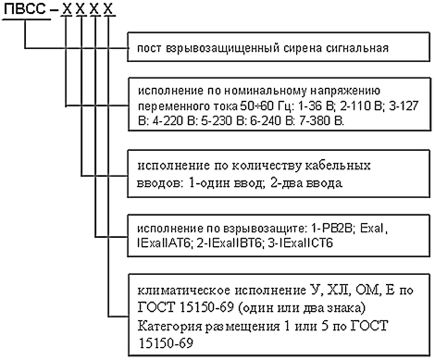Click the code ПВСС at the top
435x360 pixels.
coord(25,9)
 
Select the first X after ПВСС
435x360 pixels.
coord(67,9)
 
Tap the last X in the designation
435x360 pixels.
coord(108,9)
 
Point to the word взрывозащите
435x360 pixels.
coord(264,229)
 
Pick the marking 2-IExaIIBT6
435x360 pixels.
coord(230,243)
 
